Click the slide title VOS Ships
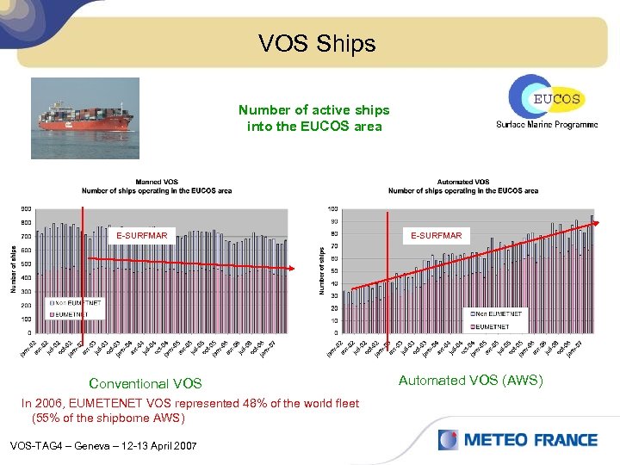318,43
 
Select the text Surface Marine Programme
546,125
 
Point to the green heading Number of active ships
313,110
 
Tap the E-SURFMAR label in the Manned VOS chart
142,235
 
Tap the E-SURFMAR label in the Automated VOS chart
436,235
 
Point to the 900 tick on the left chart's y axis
27,208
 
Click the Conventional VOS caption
146,384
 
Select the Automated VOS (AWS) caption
470,379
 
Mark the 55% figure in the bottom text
47,418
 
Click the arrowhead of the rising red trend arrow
595,224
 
